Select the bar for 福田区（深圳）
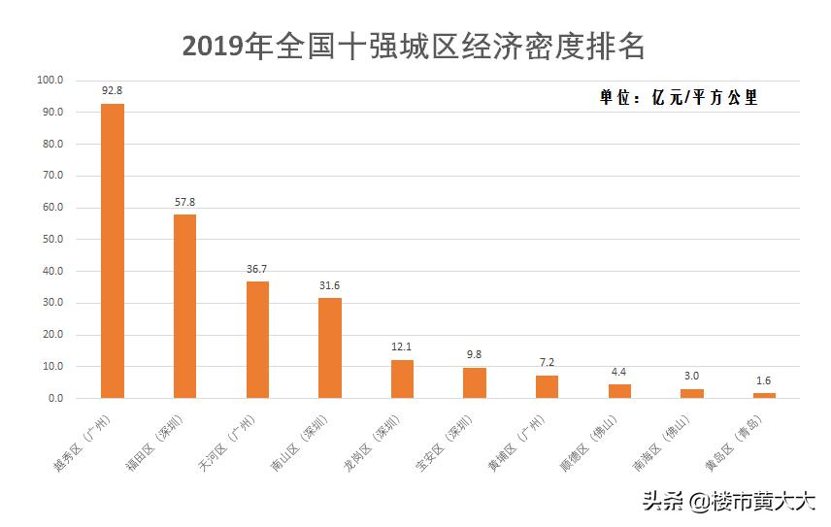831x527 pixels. pyautogui.click(x=184, y=306)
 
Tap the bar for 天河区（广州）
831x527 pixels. pyautogui.click(x=257, y=340)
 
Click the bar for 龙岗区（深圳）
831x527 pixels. pyautogui.click(x=402, y=379)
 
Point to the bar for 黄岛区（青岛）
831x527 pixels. pyautogui.click(x=764, y=395)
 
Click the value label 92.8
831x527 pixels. pyautogui.click(x=113, y=91)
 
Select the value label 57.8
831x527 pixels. pyautogui.click(x=184, y=202)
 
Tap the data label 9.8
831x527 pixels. pyautogui.click(x=475, y=354)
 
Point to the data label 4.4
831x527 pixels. pyautogui.click(x=619, y=372)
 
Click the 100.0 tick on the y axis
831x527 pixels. pyautogui.click(x=50, y=81)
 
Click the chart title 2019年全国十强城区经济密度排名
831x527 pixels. pyautogui.click(x=414, y=46)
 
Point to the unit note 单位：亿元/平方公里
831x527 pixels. pyautogui.click(x=678, y=98)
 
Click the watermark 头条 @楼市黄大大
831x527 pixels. pyautogui.click(x=727, y=502)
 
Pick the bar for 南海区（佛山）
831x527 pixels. pyautogui.click(x=692, y=393)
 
